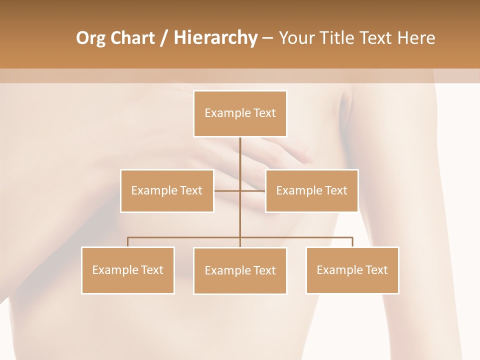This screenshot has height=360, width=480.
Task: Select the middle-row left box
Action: point(167,190)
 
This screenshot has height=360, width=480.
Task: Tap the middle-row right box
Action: point(311,190)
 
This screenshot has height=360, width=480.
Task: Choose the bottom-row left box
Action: point(128,270)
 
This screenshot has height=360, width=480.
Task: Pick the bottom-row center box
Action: point(240,270)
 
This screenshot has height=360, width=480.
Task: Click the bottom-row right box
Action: point(352,270)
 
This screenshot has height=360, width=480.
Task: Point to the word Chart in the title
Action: point(132,38)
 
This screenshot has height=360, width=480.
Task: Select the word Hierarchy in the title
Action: point(215,38)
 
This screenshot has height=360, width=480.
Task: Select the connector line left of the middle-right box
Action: point(253,190)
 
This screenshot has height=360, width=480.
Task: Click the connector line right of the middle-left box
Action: point(227,190)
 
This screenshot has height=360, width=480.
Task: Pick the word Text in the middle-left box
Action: point(190,190)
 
